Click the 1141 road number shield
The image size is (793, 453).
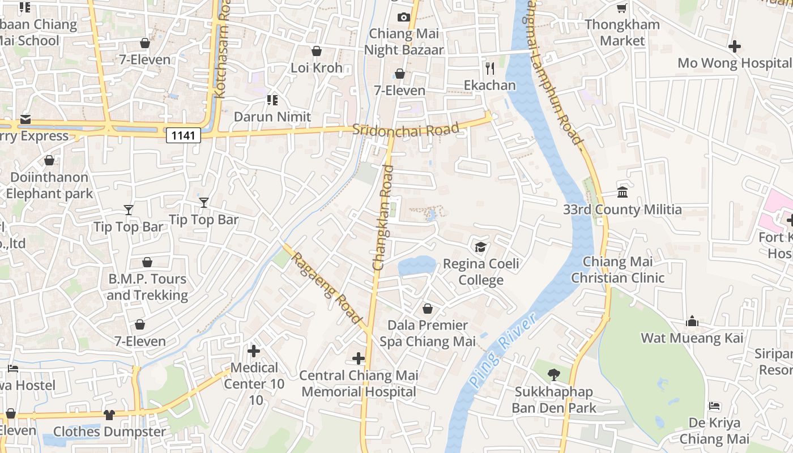[184, 135]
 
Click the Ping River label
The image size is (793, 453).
[502, 352]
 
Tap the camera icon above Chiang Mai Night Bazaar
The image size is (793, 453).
[404, 17]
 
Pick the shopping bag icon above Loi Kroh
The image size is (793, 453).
[317, 51]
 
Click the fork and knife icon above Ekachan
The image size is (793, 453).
[490, 69]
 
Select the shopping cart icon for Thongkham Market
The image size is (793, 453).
[622, 8]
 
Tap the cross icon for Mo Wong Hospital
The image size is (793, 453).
[735, 46]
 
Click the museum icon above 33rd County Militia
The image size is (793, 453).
[623, 193]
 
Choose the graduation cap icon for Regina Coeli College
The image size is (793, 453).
[481, 247]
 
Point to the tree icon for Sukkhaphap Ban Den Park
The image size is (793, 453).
[553, 374]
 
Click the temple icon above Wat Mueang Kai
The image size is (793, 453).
[692, 321]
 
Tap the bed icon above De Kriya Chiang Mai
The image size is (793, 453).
[714, 406]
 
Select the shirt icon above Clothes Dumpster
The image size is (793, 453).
[109, 414]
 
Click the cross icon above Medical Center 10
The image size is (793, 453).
[254, 351]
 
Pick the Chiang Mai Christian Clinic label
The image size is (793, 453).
[617, 270]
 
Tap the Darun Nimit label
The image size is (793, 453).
[272, 117]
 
